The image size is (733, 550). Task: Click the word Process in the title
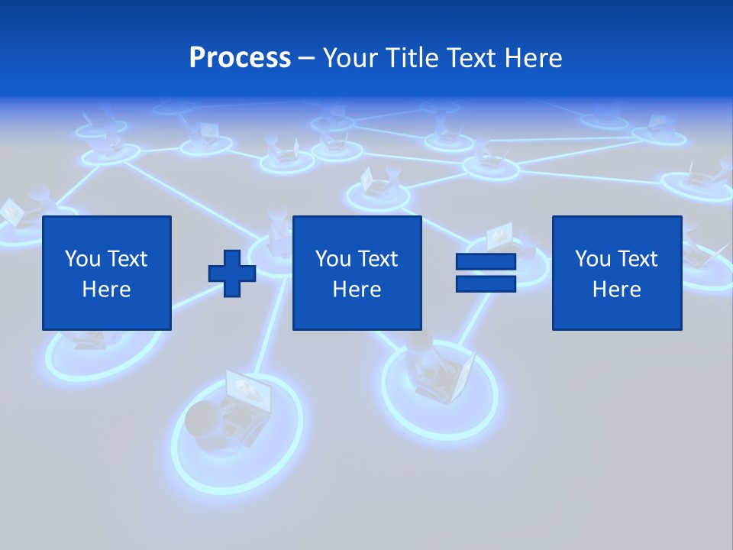click(x=240, y=58)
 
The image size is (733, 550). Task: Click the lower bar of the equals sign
click(x=486, y=284)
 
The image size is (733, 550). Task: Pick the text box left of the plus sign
click(x=107, y=273)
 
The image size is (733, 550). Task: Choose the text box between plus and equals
click(x=357, y=273)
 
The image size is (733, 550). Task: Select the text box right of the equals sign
click(x=617, y=273)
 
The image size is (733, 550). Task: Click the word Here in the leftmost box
click(x=107, y=290)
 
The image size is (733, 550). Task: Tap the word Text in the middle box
click(x=378, y=259)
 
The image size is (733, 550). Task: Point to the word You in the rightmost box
click(x=593, y=259)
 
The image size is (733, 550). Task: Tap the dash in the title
click(x=307, y=58)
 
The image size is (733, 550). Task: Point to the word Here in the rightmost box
click(x=617, y=290)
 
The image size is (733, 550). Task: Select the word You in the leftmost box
click(x=82, y=259)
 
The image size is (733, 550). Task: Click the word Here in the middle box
click(x=357, y=290)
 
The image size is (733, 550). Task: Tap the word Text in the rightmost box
click(x=638, y=259)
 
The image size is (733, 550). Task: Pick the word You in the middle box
click(x=333, y=259)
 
